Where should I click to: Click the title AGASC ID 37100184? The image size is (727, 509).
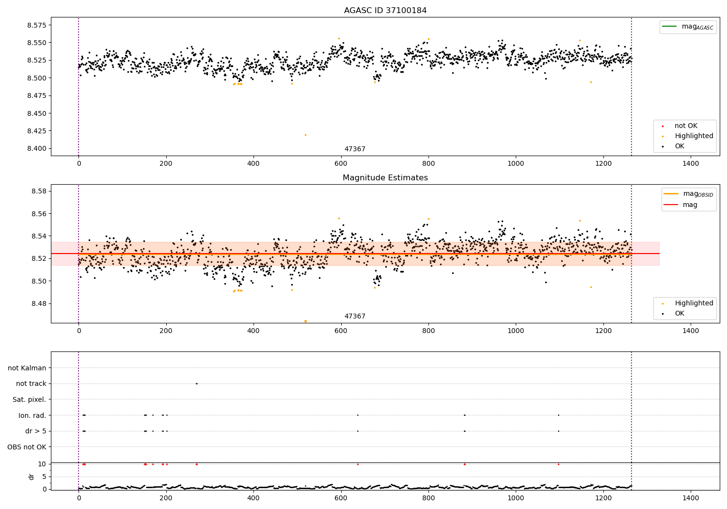tap(385, 11)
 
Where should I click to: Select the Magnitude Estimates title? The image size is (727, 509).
tap(385, 178)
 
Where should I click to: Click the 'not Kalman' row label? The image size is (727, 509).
tap(27, 368)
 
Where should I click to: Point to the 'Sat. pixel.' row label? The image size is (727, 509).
tap(29, 400)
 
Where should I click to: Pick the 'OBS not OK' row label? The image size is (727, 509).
tap(27, 447)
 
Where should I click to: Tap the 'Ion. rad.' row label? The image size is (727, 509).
tap(32, 415)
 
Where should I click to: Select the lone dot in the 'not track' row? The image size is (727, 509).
tap(196, 384)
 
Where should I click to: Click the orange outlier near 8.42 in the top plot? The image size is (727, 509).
tap(305, 135)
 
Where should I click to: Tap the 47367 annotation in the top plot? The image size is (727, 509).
tap(355, 149)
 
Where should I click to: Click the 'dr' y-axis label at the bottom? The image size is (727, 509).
tap(32, 477)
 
